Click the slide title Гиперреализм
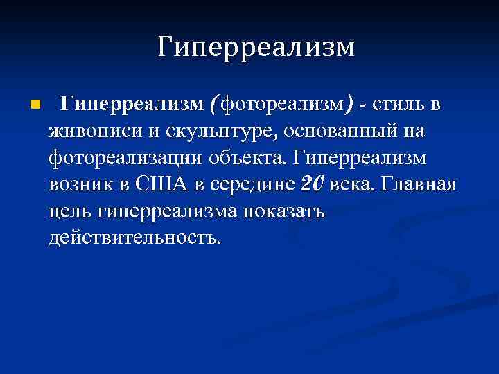coord(255,47)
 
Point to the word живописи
coord(91,132)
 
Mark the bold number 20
coord(313,184)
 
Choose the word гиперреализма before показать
coord(169,211)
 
